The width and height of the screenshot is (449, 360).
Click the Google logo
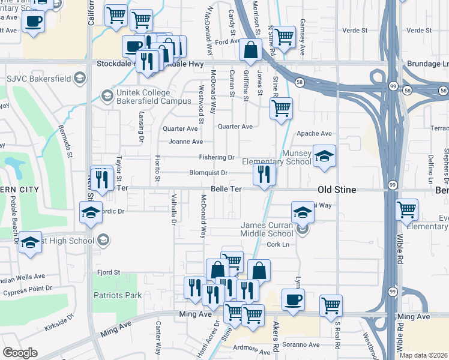point(20,353)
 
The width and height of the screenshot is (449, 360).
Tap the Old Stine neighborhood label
point(337,190)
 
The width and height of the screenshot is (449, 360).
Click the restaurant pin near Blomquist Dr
point(265,175)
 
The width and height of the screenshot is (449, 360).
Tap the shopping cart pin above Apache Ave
point(280,109)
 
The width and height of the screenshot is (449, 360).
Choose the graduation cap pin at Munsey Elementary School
point(325,157)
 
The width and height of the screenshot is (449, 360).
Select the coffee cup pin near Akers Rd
point(292,299)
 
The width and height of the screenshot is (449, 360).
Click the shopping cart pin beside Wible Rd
point(407,210)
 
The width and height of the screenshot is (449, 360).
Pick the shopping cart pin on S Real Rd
point(331,305)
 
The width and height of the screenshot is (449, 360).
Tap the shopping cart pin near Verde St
point(284,37)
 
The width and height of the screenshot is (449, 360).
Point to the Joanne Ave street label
point(185,142)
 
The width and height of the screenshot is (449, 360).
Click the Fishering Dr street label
point(217,157)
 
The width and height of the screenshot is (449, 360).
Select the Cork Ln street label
point(278,245)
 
